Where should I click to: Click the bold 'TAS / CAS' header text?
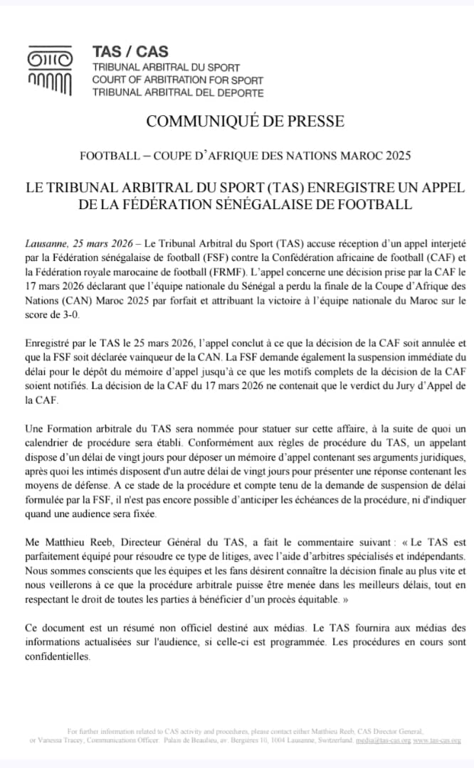130,51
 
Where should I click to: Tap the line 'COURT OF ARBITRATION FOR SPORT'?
177,80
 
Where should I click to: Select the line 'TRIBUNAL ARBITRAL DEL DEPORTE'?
177,92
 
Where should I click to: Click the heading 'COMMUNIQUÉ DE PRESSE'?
245,121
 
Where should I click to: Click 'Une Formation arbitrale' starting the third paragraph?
80,429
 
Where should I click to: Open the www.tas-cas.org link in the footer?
436,740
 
